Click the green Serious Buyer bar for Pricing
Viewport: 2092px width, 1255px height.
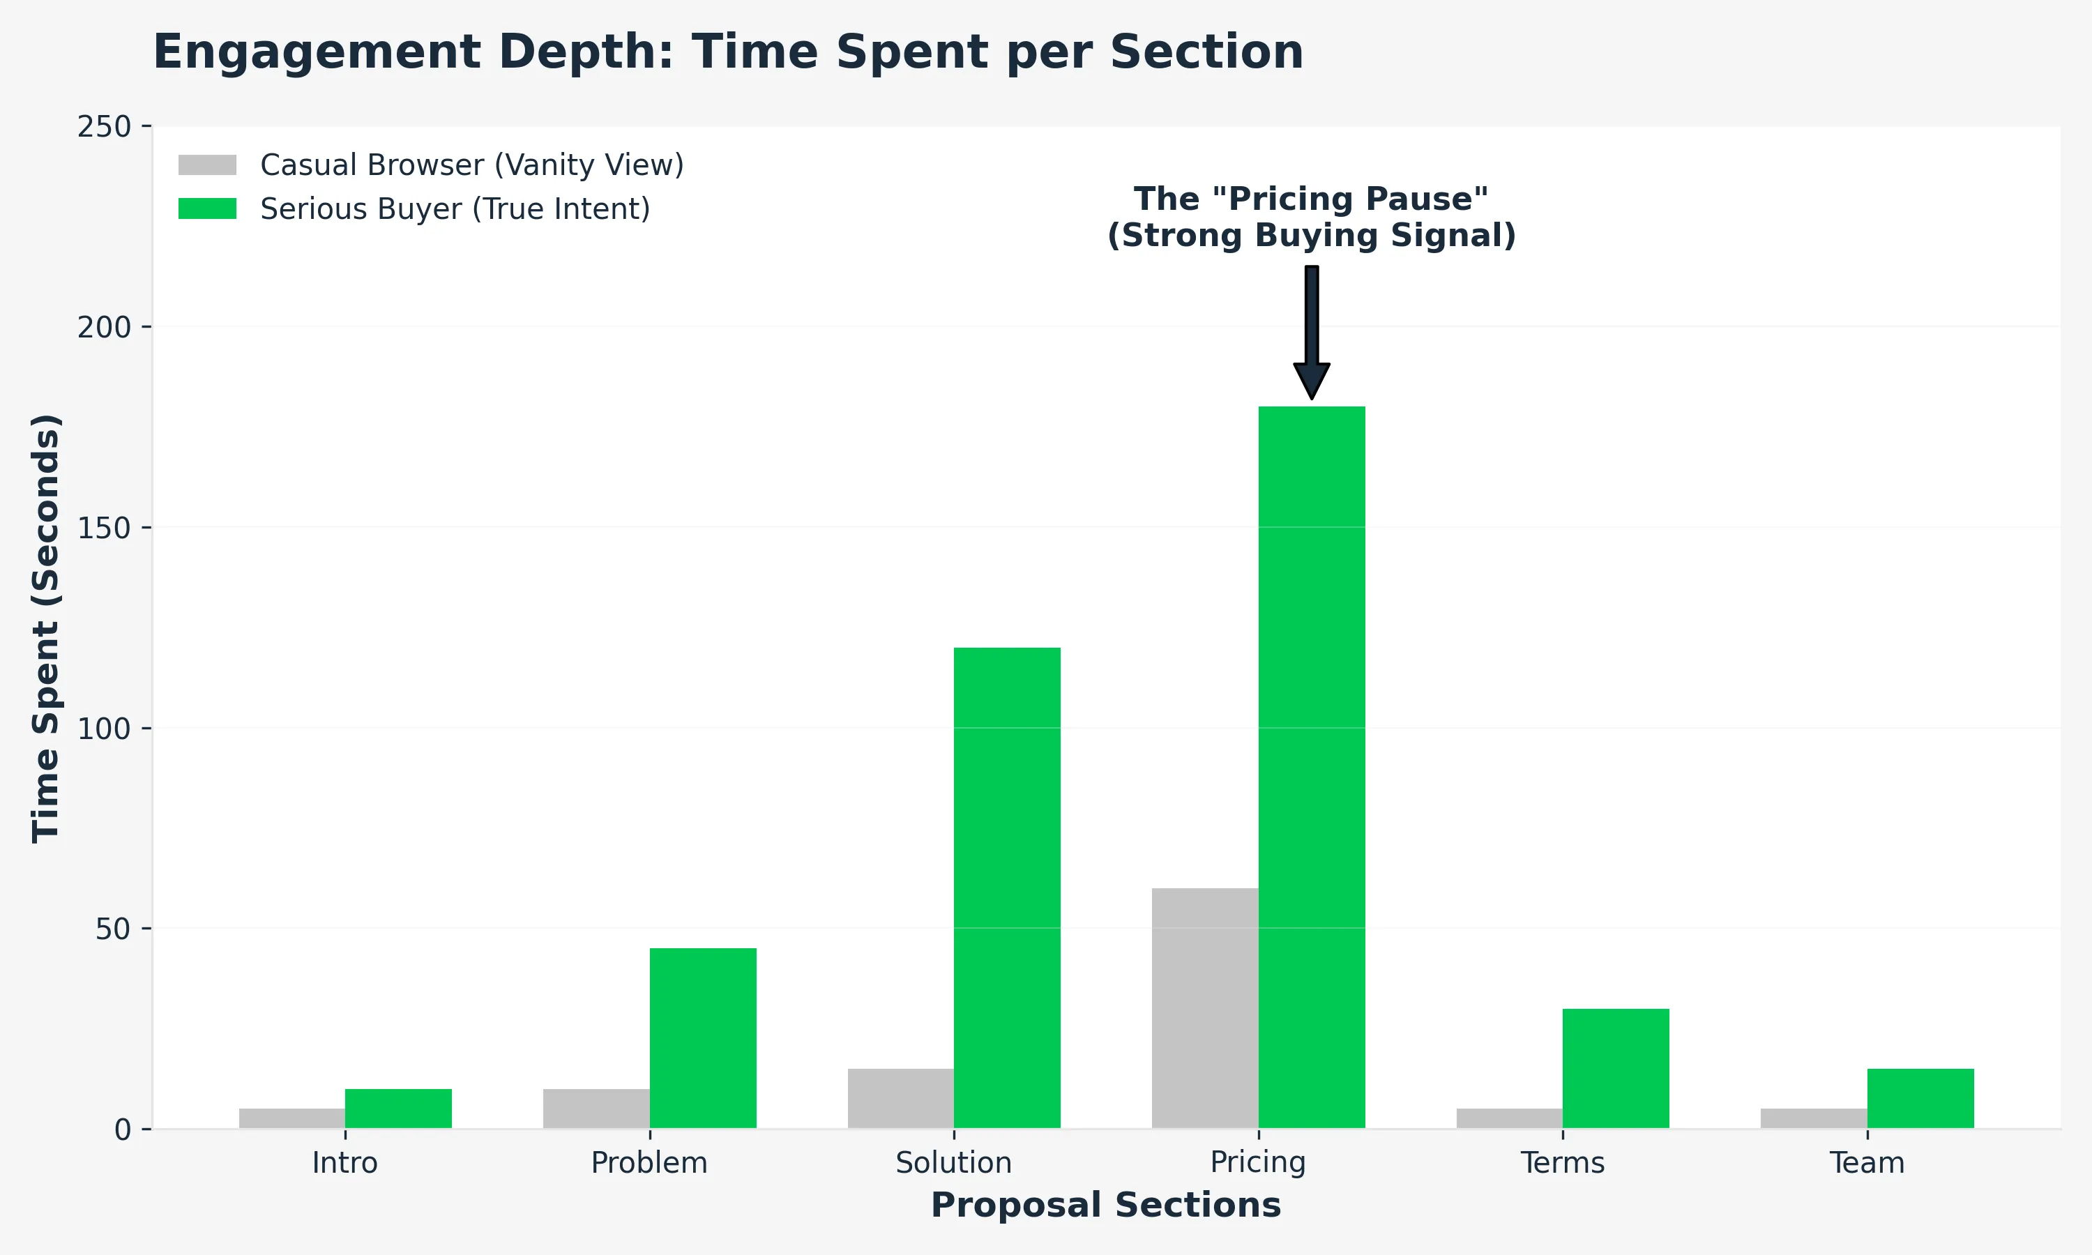[1312, 767]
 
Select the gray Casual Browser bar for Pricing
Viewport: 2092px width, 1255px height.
[1205, 1008]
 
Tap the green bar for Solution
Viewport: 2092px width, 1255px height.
[1007, 888]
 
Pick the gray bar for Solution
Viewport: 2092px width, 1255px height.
[900, 1099]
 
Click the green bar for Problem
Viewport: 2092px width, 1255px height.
[703, 1037]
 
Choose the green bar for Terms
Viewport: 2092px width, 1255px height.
[1616, 1068]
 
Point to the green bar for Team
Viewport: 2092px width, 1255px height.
[1920, 1099]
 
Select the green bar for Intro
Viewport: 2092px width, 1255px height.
[398, 1109]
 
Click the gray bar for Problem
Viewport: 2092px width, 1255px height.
[596, 1109]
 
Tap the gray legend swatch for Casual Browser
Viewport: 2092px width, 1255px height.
[207, 165]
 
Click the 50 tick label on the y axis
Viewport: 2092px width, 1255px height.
[112, 929]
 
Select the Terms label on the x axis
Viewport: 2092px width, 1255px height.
[1563, 1163]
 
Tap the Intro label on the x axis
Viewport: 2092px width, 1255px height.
[345, 1163]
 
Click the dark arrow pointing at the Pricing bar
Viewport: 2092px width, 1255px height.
[1312, 330]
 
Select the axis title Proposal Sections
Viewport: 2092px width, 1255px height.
[1106, 1205]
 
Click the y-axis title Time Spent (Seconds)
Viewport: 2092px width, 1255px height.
[47, 627]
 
